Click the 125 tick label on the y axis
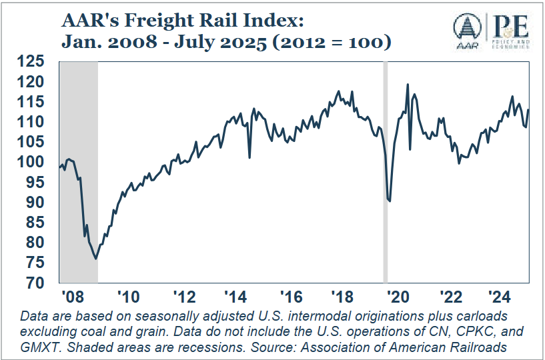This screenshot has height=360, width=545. coord(31,62)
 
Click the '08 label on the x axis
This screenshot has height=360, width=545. coord(69,296)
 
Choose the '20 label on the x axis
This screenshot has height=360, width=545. coord(398,296)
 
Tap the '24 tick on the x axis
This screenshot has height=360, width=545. coord(508,296)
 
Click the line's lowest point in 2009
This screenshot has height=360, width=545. coord(96,259)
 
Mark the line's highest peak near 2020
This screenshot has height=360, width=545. coord(408,85)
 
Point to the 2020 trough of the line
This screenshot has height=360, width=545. coord(390,201)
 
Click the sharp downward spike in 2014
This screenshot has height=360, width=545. coord(249,158)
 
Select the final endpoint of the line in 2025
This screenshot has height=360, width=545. coord(529,110)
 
